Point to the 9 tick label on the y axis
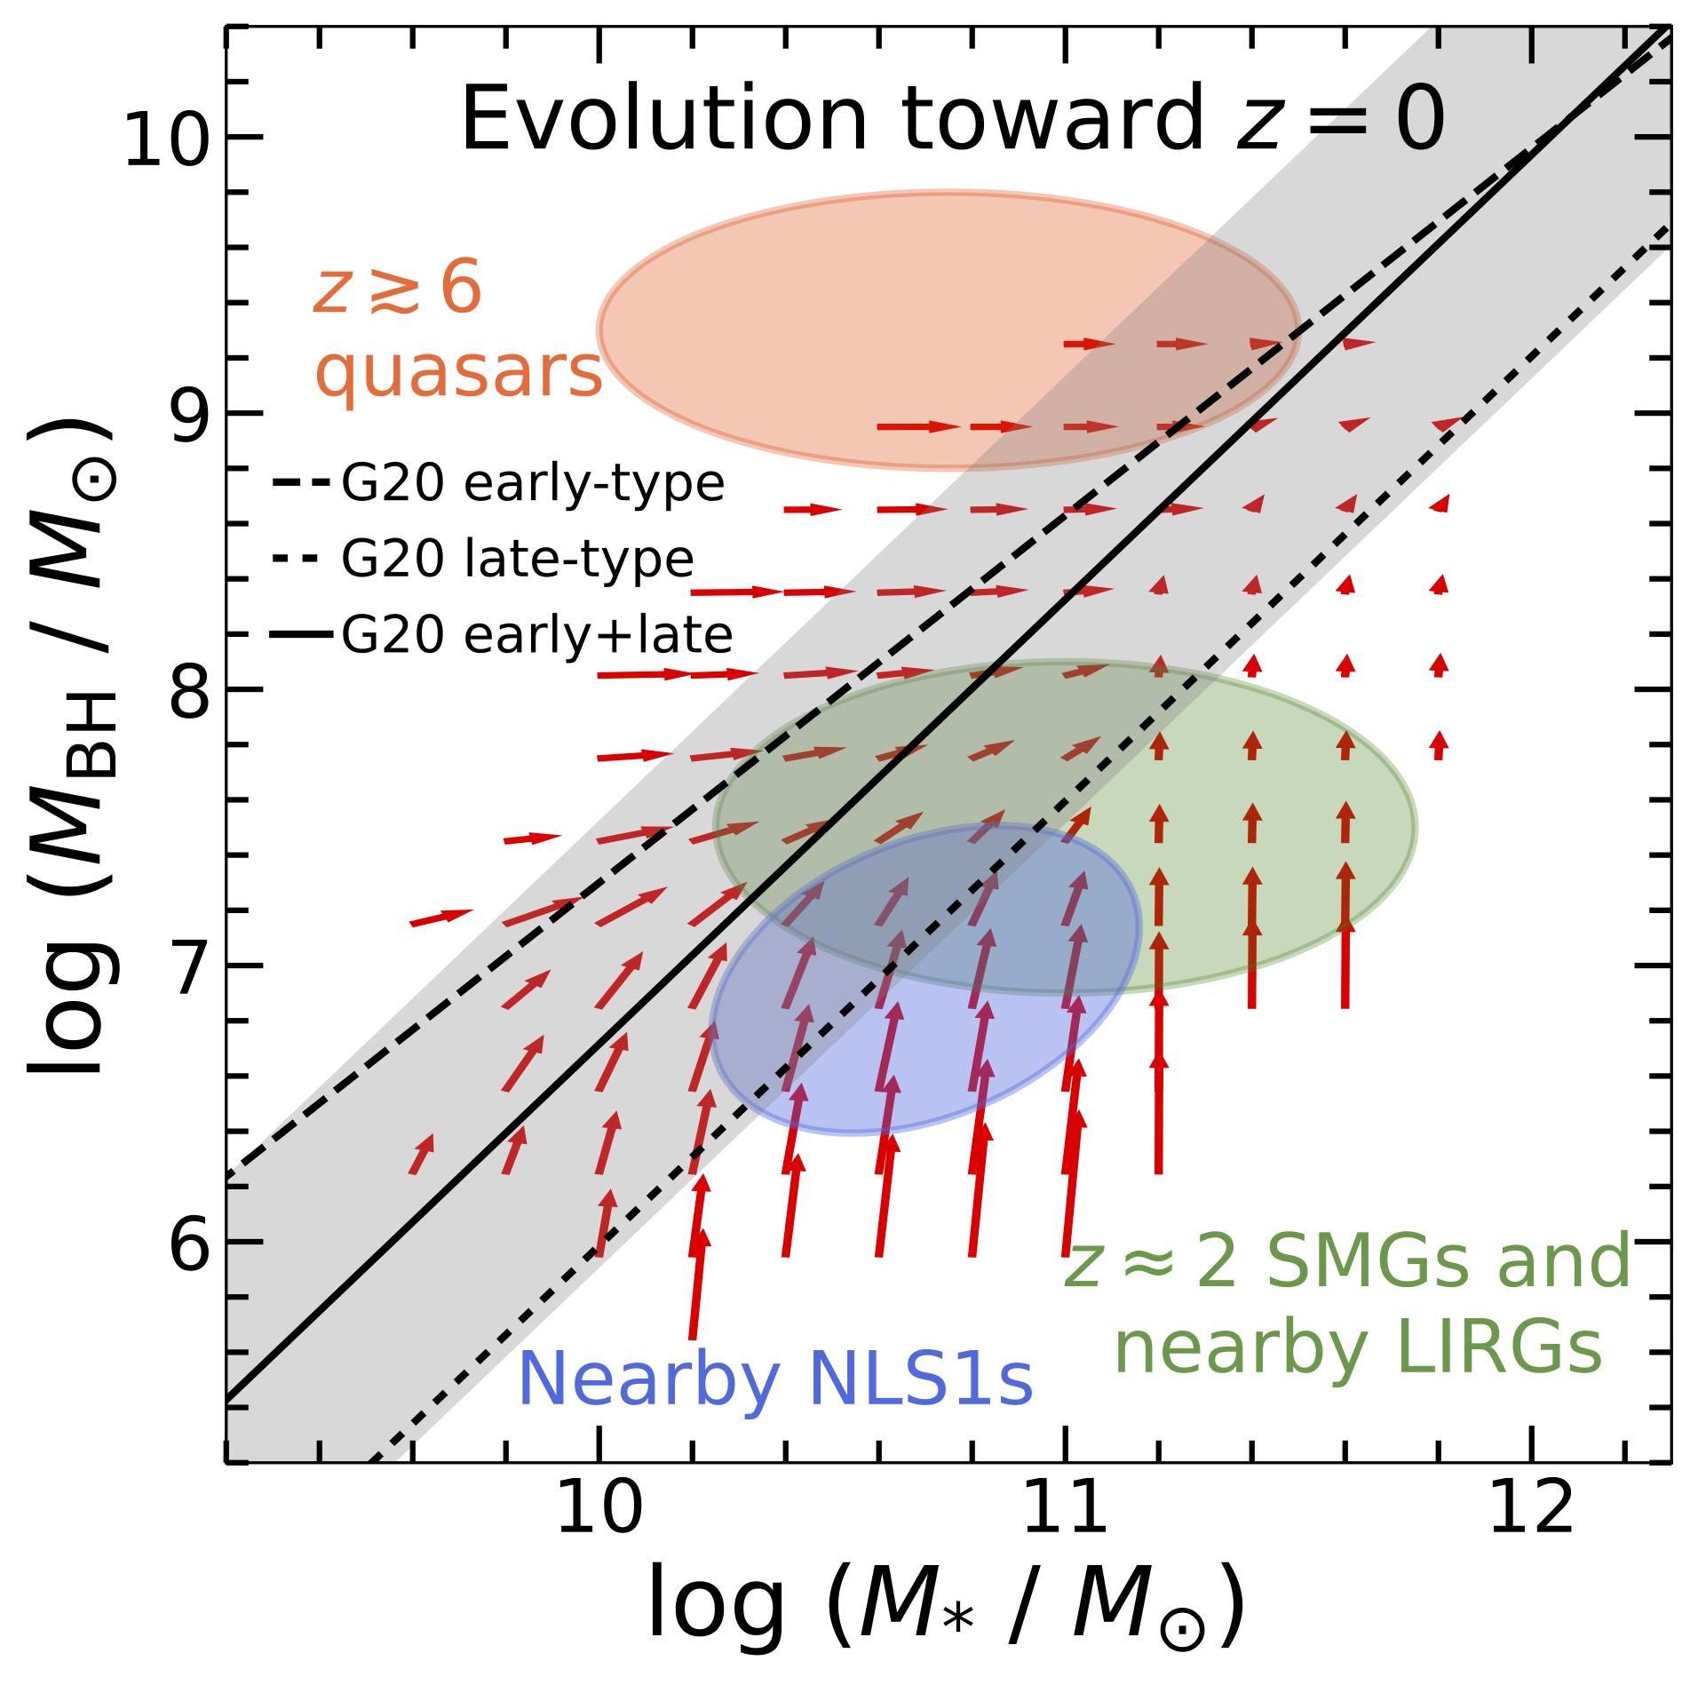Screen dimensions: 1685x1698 click(188, 415)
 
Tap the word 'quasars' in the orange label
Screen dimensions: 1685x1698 click(459, 373)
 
